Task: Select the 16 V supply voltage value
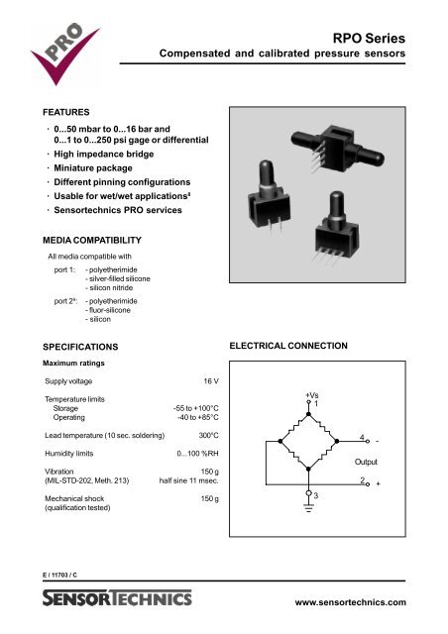(x=209, y=380)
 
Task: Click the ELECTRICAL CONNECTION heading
(x=288, y=348)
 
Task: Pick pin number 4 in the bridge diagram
(x=362, y=436)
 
